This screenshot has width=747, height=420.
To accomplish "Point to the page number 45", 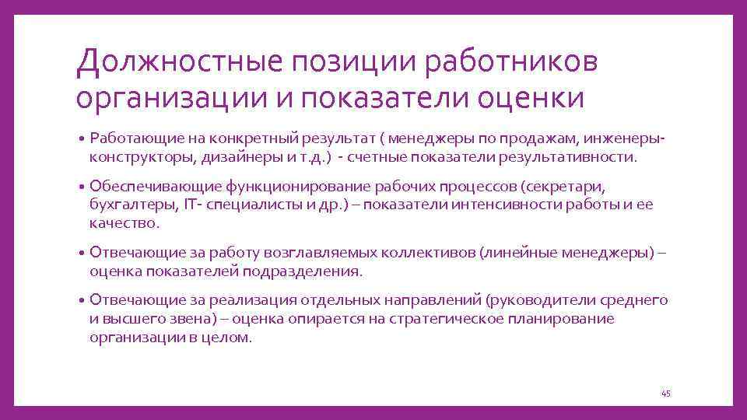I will (665, 394).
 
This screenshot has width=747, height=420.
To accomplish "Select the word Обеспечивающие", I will (155, 187).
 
